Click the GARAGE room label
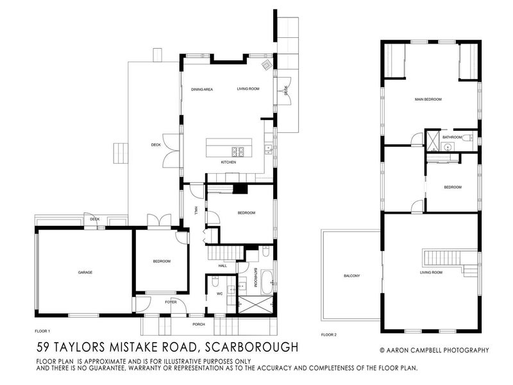pyautogui.click(x=85, y=272)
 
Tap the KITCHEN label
pyautogui.click(x=229, y=162)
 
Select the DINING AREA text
pyautogui.click(x=201, y=89)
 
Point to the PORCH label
pyautogui.click(x=199, y=324)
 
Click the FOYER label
pyautogui.click(x=170, y=302)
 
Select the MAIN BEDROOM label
pyautogui.click(x=428, y=99)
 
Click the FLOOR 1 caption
pyautogui.click(x=43, y=331)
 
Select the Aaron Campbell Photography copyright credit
pyautogui.click(x=434, y=350)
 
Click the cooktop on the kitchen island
pyautogui.click(x=239, y=151)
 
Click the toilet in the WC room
pyautogui.click(x=215, y=282)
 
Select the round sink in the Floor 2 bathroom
pyautogui.click(x=448, y=147)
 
